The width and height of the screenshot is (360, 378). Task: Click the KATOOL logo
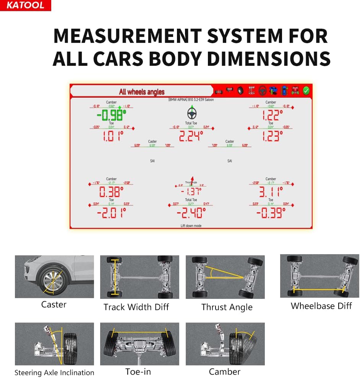25,5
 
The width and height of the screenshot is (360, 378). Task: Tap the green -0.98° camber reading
111,115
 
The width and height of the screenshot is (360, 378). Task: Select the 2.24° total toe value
191,136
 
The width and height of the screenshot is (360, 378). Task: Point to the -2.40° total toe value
191,212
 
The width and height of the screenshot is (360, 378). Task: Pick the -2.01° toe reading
111,212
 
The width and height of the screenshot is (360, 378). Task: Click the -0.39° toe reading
271,212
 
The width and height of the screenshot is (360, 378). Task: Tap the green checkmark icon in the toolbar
306,91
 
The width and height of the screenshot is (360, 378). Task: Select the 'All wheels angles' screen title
141,92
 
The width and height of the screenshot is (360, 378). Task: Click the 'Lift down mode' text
191,226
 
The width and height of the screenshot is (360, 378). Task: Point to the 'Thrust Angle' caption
227,307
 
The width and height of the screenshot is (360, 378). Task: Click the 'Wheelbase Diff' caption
321,306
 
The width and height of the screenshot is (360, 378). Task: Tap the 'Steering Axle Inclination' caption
54,373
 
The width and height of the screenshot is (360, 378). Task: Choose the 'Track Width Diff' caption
136,307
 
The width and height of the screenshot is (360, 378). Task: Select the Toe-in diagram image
139,344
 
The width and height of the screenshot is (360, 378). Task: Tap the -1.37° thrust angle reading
191,191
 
